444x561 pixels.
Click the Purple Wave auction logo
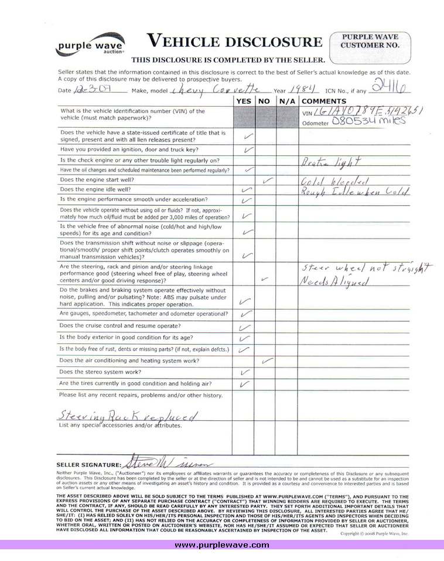(90, 44)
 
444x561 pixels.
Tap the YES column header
(243, 101)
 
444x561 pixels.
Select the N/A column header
(286, 101)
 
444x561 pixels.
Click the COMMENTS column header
(324, 101)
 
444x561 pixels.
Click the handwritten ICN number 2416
(395, 87)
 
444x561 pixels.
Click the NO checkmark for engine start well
(268, 179)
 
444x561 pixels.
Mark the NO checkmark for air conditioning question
(268, 360)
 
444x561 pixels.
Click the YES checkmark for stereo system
(245, 372)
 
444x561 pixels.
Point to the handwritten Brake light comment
(332, 161)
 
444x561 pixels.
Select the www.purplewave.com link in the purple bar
(222, 545)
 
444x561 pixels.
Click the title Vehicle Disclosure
(234, 41)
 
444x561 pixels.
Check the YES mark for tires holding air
(245, 384)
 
